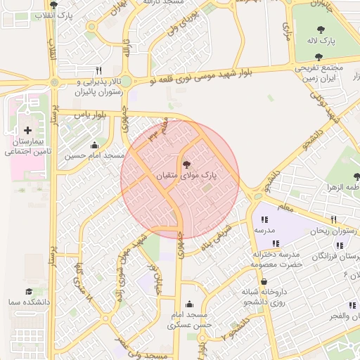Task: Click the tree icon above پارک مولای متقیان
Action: pyautogui.click(x=186, y=164)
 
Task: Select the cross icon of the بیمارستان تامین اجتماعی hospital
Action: pyautogui.click(x=27, y=130)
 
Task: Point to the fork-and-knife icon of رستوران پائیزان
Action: pyautogui.click(x=98, y=71)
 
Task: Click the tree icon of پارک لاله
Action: pyautogui.click(x=321, y=30)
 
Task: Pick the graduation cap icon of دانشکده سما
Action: pyautogui.click(x=29, y=291)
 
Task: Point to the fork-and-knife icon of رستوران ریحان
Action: pyautogui.click(x=334, y=219)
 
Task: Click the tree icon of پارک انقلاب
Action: pyautogui.click(x=54, y=4)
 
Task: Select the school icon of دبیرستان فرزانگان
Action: pyautogui.click(x=340, y=245)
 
